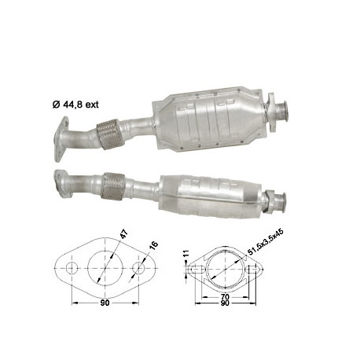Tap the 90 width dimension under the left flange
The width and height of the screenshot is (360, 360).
point(105,309)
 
